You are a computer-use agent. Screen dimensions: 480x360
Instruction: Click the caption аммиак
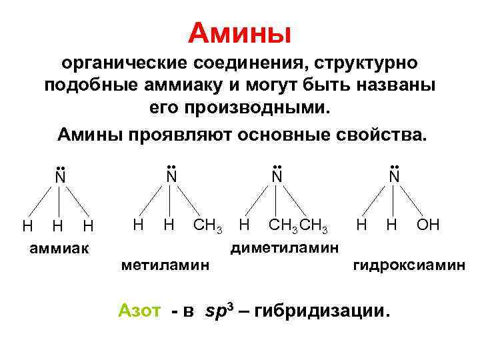pyautogui.click(x=59, y=249)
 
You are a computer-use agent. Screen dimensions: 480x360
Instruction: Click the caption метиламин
pyautogui.click(x=165, y=265)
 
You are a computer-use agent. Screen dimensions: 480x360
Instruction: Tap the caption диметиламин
pyautogui.click(x=285, y=248)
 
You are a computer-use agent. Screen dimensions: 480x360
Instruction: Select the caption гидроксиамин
pyautogui.click(x=409, y=265)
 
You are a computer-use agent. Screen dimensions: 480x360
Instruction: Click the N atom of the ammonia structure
pyautogui.click(x=60, y=177)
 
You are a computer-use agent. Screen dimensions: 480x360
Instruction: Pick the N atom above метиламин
pyautogui.click(x=171, y=177)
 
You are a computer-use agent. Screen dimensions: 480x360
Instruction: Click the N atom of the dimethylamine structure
pyautogui.click(x=277, y=177)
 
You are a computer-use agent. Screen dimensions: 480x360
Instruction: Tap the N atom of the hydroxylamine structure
pyautogui.click(x=393, y=177)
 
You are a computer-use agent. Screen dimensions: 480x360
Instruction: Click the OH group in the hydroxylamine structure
pyautogui.click(x=428, y=225)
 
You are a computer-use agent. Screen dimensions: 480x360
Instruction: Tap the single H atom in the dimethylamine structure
pyautogui.click(x=245, y=225)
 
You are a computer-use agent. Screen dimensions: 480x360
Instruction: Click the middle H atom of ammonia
pyautogui.click(x=58, y=227)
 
